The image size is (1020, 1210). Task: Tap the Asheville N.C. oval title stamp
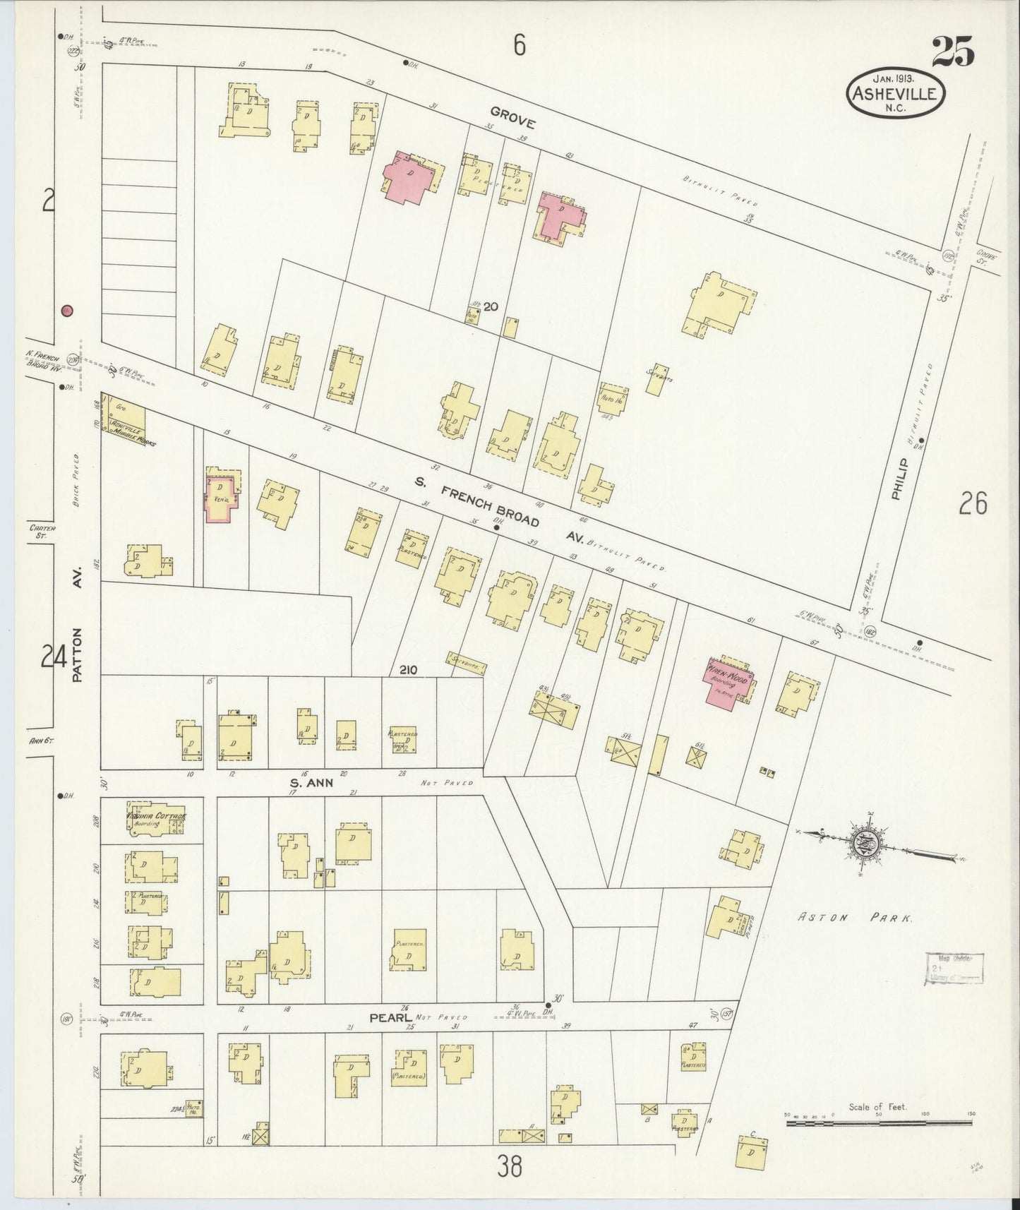(895, 92)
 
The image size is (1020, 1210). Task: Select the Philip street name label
(898, 478)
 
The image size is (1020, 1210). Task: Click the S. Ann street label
(311, 782)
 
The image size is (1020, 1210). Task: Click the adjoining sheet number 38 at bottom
(509, 1166)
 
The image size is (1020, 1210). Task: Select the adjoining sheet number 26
(973, 504)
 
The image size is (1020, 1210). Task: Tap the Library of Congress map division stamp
(953, 968)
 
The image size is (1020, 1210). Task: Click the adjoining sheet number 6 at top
(520, 47)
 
